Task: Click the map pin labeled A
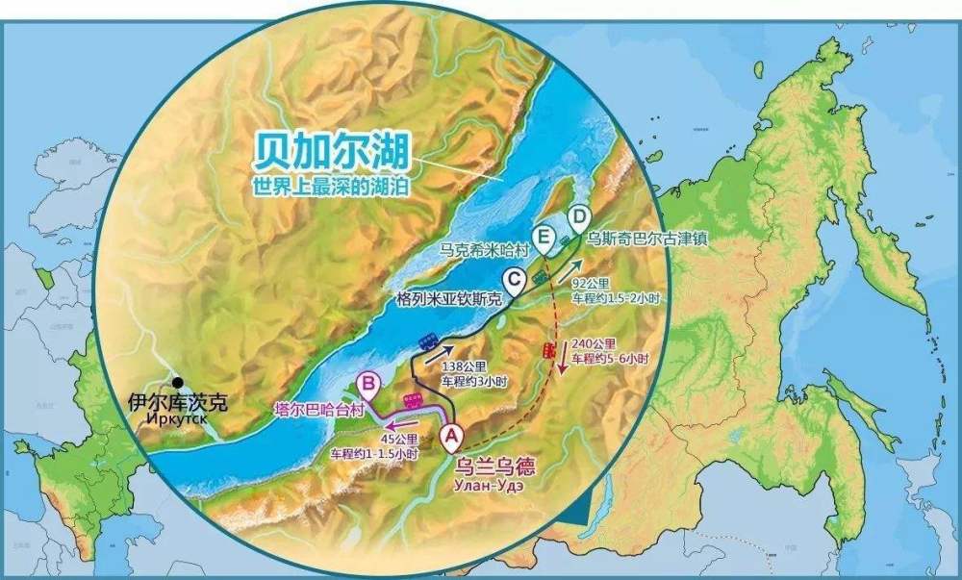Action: click(450, 435)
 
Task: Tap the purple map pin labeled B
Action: click(367, 386)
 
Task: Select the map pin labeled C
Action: click(515, 280)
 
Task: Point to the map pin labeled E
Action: click(545, 236)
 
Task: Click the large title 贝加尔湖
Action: click(332, 151)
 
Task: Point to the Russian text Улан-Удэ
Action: click(492, 487)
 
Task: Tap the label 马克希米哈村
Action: click(485, 247)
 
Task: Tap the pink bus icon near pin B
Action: click(415, 399)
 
